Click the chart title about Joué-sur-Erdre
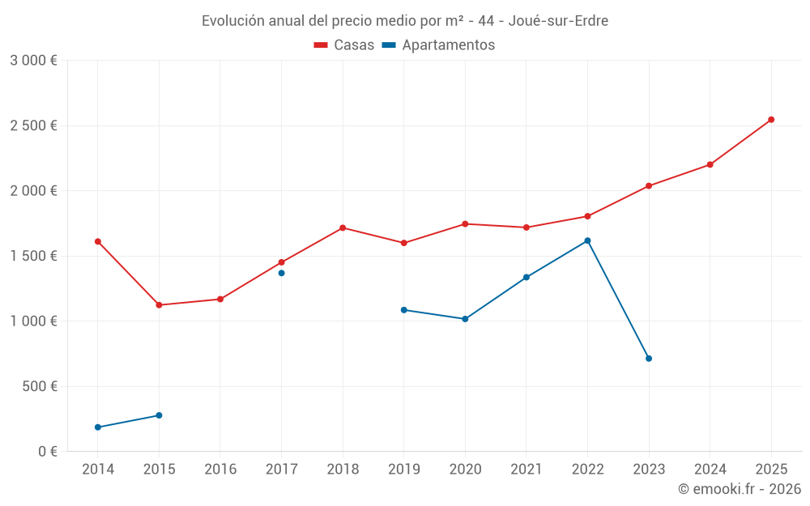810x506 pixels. [404, 21]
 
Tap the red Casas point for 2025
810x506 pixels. [771, 120]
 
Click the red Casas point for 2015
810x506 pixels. [159, 305]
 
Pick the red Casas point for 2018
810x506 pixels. [343, 228]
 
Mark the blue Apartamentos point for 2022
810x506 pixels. [587, 240]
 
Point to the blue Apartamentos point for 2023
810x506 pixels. [649, 359]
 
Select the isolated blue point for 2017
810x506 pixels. [281, 273]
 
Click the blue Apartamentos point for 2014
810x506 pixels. [98, 427]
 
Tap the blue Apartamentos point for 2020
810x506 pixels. [465, 319]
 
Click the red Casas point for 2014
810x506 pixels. [98, 241]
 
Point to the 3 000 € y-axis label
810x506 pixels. [33, 61]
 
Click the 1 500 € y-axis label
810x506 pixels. [33, 256]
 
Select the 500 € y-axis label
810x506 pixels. [39, 386]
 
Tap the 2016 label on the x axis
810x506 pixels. [220, 470]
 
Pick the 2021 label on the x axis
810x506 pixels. [526, 470]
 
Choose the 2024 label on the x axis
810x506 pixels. [710, 470]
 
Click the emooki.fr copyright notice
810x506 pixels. [739, 489]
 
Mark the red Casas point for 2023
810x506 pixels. [649, 186]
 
